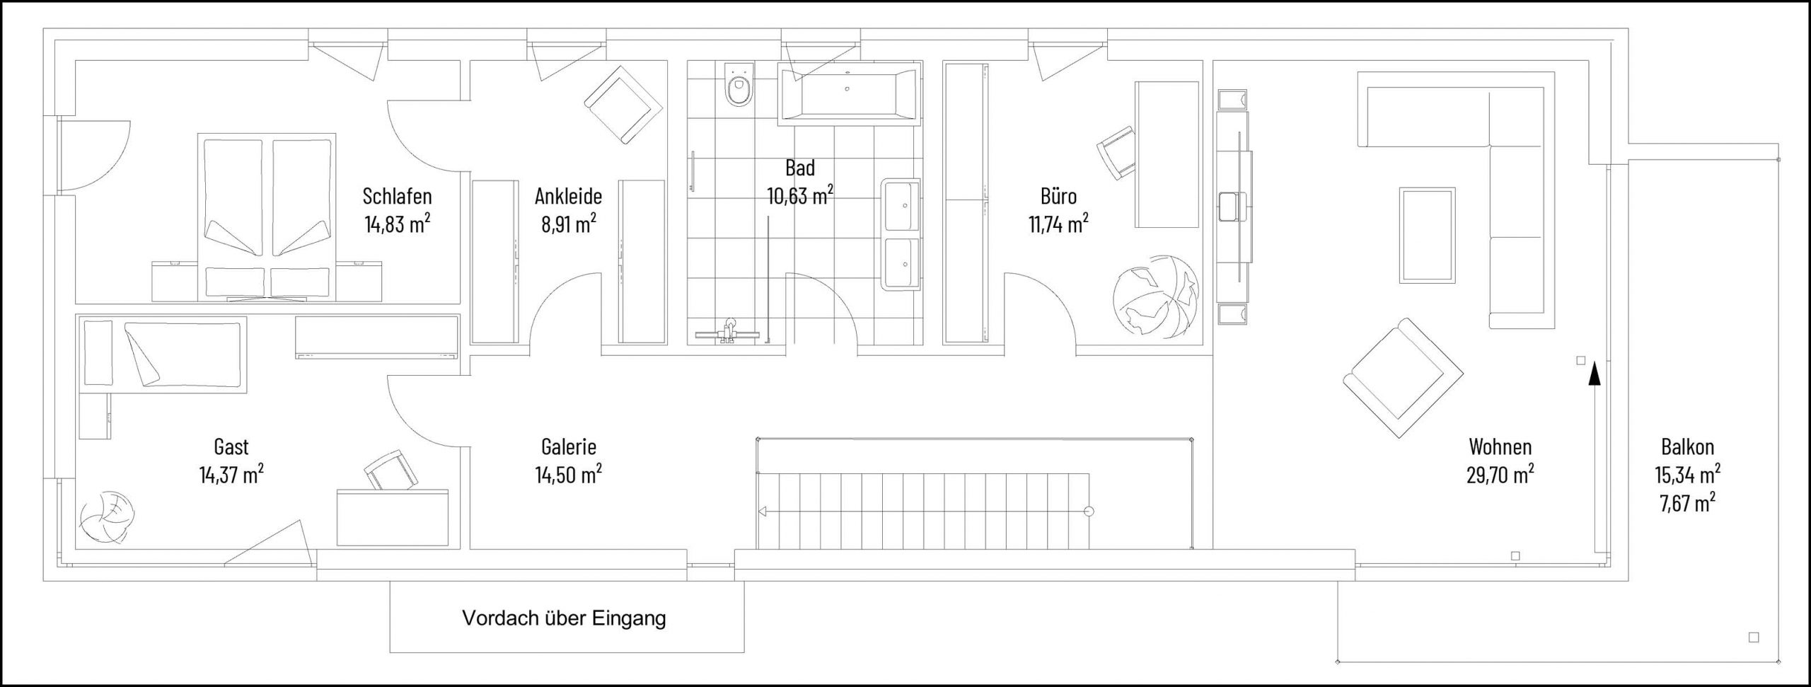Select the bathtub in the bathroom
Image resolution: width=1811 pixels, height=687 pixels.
pyautogui.click(x=849, y=93)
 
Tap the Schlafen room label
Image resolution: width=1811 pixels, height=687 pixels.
pyautogui.click(x=397, y=195)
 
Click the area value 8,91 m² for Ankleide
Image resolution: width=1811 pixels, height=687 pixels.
pyautogui.click(x=569, y=224)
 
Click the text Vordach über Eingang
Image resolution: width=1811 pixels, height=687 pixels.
pyautogui.click(x=564, y=618)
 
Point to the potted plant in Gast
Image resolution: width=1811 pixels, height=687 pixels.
pyautogui.click(x=106, y=517)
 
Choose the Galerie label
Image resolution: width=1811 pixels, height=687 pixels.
pyautogui.click(x=568, y=447)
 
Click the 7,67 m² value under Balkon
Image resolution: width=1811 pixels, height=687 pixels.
pyautogui.click(x=1687, y=503)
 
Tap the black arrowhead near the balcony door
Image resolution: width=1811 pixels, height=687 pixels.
pyautogui.click(x=1594, y=372)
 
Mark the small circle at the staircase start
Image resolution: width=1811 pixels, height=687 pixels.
pyautogui.click(x=1089, y=511)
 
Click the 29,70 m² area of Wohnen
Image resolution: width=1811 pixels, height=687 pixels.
pyautogui.click(x=1500, y=475)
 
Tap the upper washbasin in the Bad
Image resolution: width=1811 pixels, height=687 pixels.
pyautogui.click(x=901, y=206)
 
